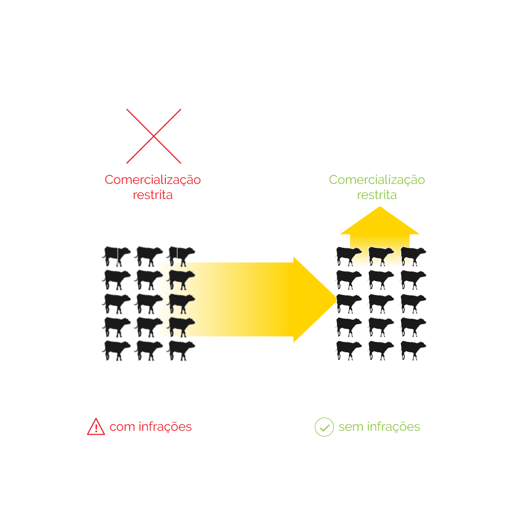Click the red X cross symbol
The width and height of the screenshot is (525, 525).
[154, 136]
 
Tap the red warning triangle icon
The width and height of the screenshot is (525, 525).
[96, 426]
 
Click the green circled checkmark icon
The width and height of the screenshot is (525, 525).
[324, 427]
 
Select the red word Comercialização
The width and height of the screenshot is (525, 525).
[153, 180]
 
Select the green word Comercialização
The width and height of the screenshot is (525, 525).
[376, 180]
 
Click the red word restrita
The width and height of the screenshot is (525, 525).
[153, 195]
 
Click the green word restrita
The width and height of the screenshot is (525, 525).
[376, 195]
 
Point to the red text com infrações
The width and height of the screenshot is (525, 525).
[150, 426]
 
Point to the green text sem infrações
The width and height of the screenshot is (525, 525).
[379, 426]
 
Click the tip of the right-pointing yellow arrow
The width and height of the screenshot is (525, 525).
[337, 299]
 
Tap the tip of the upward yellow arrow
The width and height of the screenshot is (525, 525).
[380, 206]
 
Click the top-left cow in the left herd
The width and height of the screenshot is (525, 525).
[116, 257]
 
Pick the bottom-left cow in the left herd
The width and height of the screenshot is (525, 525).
[116, 351]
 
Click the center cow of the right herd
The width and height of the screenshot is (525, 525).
[381, 303]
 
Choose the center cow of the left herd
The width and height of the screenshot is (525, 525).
[149, 303]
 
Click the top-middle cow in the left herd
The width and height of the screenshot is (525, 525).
[149, 257]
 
